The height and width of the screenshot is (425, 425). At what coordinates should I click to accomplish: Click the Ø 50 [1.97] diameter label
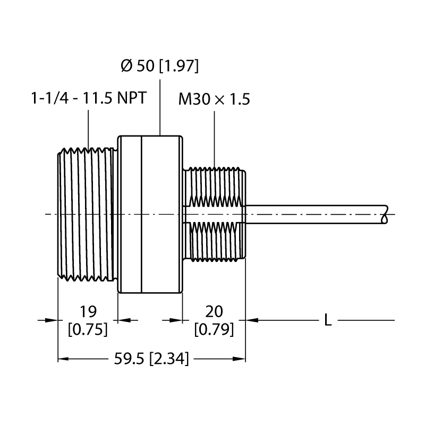point(160,66)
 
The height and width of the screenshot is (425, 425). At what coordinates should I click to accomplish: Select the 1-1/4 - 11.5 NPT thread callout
point(89,98)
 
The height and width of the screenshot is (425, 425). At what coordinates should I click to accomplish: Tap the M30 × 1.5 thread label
point(214,99)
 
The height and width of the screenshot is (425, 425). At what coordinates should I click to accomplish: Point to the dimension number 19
point(88,311)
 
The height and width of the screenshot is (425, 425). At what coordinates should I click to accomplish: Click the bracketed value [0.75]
point(88,329)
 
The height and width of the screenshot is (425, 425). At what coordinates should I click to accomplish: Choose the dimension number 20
point(214,311)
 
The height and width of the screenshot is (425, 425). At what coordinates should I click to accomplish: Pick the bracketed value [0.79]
point(214,329)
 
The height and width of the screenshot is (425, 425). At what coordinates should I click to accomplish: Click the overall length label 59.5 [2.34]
point(151,359)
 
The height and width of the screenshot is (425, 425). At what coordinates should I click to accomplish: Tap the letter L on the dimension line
point(328,320)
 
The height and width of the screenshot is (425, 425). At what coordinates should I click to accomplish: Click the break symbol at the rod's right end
point(385,214)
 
